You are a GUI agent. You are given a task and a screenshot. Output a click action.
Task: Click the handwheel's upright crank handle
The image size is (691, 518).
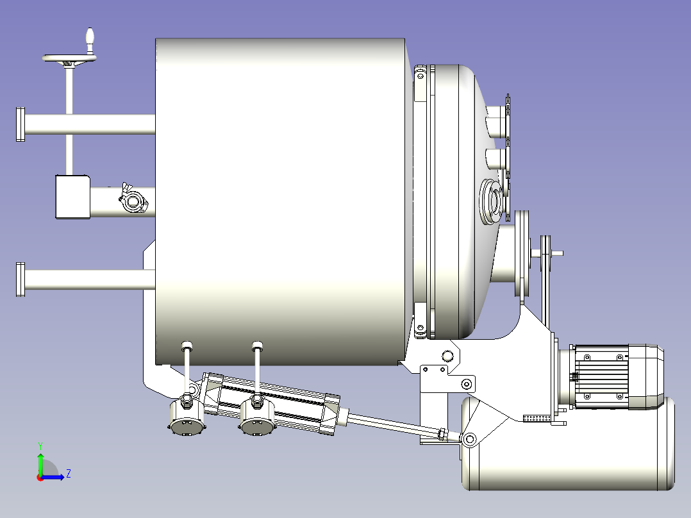pos(90,40)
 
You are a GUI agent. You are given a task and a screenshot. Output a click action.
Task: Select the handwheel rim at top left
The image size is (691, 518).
pos(69,58)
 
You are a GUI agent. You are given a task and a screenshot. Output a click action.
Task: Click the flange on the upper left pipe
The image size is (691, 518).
pos(21,124)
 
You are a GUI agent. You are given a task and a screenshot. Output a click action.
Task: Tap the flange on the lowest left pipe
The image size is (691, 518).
pos(21,280)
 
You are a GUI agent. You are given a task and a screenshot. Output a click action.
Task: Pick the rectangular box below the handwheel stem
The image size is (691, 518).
pos(72,197)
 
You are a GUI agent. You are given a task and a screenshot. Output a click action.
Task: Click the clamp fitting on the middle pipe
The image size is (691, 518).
pos(133,200)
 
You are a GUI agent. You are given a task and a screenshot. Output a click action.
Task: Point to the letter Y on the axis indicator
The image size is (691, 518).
pos(40,446)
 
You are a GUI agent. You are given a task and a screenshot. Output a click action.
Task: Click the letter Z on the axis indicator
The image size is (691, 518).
pos(69,474)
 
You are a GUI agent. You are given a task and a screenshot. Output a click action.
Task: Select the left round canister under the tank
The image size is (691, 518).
pos(187,416)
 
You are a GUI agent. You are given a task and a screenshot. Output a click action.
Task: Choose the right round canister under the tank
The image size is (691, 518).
pos(257,416)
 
